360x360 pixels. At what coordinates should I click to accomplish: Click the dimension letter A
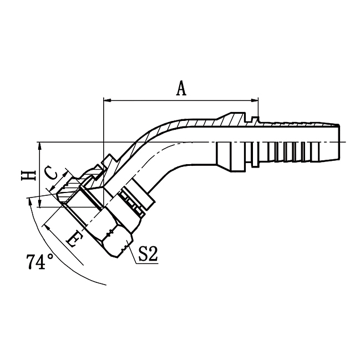tap(181, 88)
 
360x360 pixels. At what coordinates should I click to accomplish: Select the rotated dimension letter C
tap(50, 174)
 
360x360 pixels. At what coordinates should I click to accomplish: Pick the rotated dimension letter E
tap(72, 239)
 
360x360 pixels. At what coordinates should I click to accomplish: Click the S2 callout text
tap(148, 255)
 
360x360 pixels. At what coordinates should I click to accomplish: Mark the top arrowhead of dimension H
tap(40, 145)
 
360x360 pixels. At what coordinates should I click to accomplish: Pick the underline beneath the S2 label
tap(148, 264)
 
